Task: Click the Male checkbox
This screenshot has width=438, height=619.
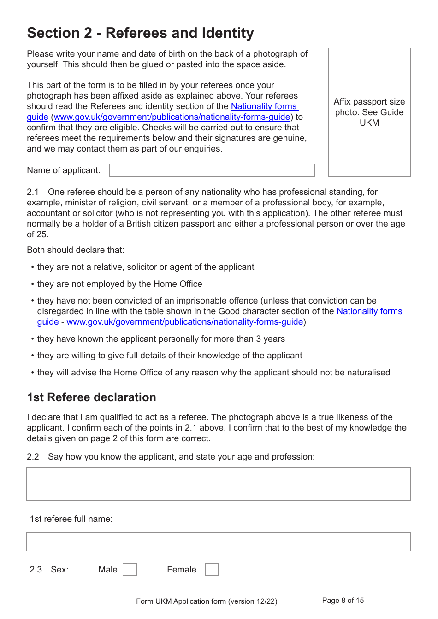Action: [x=130, y=569]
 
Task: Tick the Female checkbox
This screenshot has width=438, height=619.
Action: [x=212, y=569]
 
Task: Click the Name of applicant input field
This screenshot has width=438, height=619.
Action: [x=212, y=170]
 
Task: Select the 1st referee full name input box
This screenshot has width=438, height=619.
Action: [x=219, y=542]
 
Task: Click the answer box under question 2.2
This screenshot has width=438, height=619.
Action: [x=219, y=484]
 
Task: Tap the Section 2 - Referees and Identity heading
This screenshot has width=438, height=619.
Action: [x=140, y=33]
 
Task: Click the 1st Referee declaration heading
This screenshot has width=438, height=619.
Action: [x=91, y=397]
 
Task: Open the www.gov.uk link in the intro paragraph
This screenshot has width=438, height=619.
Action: [x=172, y=117]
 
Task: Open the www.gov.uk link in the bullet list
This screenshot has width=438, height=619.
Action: [x=184, y=322]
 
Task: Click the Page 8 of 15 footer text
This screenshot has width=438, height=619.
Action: [x=343, y=601]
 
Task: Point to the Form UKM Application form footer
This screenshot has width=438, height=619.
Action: [x=207, y=601]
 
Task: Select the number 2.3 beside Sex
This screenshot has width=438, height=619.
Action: [x=36, y=570]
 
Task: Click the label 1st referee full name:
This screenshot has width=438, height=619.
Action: [x=71, y=519]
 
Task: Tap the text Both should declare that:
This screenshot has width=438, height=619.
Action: [x=75, y=250]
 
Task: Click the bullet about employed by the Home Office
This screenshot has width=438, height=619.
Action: [x=119, y=284]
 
